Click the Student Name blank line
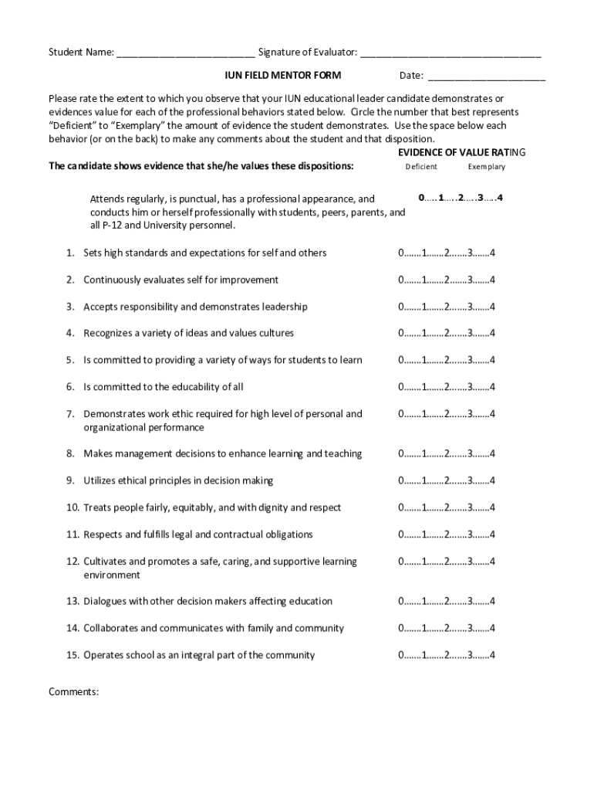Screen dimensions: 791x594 point(186,54)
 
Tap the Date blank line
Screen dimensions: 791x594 point(486,77)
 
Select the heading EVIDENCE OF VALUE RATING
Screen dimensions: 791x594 point(451,152)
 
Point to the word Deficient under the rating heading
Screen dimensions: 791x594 point(421,167)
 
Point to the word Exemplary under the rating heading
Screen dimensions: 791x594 point(486,167)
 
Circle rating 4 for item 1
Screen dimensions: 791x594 point(492,253)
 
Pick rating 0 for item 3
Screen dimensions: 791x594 point(401,307)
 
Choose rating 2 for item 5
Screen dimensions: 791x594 point(447,360)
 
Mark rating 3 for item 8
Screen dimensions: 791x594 point(470,453)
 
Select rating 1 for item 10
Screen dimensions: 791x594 point(424,508)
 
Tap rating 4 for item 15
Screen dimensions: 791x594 point(492,655)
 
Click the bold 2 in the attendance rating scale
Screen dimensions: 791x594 point(460,198)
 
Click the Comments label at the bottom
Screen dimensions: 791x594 point(73,691)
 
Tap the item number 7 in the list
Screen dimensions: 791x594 point(69,414)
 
